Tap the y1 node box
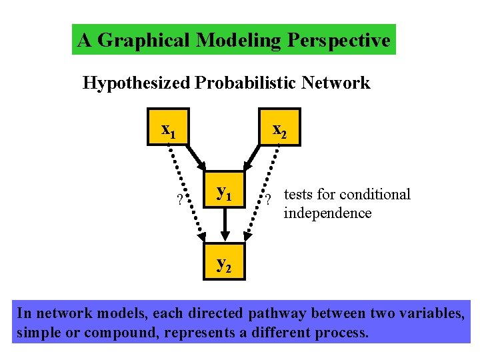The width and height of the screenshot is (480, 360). [x=225, y=193]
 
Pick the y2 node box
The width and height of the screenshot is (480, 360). [x=225, y=263]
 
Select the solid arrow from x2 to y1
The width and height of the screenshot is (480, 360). [x=254, y=160]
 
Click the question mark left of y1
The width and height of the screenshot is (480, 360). [x=178, y=199]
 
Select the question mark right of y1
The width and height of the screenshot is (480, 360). [x=267, y=199]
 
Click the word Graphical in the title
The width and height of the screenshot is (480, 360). [x=144, y=41]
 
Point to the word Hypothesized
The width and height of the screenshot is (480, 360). [x=136, y=83]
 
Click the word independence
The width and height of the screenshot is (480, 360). [x=327, y=213]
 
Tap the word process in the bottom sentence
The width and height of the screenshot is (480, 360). [x=342, y=333]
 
